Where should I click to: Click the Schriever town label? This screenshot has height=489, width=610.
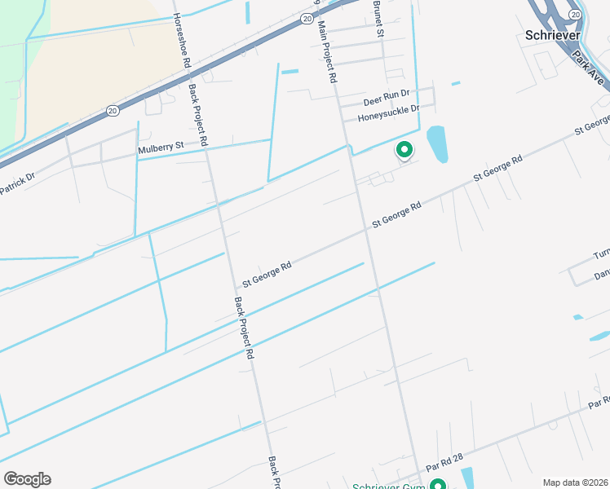pos(552,36)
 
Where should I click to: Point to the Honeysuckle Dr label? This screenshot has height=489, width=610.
pos(388,115)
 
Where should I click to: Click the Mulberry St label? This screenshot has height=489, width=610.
pos(161,148)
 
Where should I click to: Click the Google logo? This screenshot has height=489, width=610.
pos(27,479)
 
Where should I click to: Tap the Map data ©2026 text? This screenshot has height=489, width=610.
pos(575,482)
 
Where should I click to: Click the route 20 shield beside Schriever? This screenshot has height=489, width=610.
pos(576,15)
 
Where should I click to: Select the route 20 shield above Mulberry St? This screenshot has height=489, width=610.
pos(113,109)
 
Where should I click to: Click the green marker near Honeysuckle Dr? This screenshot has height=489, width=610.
pos(403,150)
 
